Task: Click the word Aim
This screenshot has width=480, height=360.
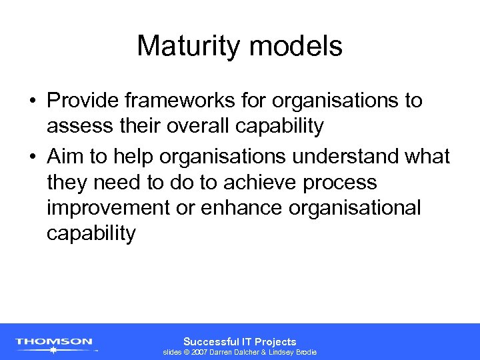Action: point(65,157)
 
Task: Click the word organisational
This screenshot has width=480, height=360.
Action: point(355,208)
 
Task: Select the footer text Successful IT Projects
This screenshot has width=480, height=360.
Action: point(239,341)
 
